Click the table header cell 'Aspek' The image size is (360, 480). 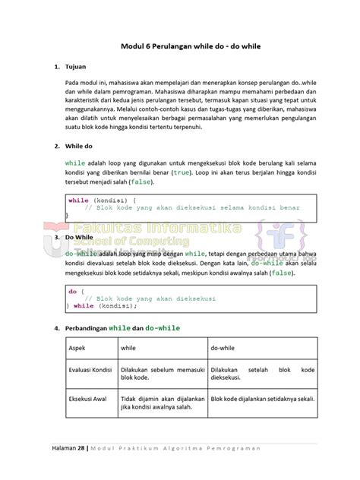coord(77,348)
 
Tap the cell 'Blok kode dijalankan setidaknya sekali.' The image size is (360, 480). coord(251,397)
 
